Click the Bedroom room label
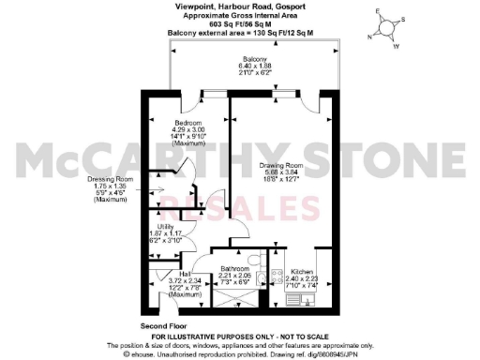click(187, 123)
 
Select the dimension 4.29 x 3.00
click(187, 129)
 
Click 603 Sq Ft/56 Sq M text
click(239, 22)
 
